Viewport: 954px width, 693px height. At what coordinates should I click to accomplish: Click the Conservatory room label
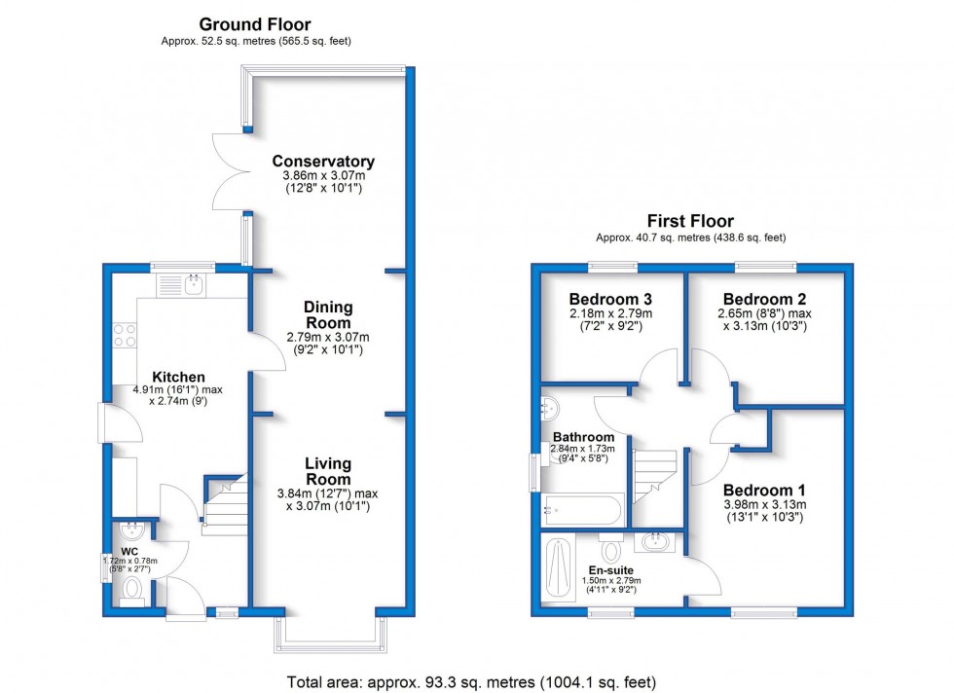323,162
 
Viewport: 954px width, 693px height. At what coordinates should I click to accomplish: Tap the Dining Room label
328,315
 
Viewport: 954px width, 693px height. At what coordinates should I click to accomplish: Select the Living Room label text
328,471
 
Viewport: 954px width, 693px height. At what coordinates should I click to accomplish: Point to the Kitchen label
178,378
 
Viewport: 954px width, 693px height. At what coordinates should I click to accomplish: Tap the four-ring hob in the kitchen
125,335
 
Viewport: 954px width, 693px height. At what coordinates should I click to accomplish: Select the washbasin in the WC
131,531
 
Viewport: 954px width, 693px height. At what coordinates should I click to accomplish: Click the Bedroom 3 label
610,300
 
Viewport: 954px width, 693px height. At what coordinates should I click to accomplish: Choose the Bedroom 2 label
765,300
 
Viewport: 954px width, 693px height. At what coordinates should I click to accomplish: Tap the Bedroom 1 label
764,491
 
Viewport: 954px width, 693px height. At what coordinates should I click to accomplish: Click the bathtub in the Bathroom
582,510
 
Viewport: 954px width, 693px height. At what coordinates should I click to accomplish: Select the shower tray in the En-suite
558,567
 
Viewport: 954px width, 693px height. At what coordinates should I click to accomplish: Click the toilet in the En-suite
611,548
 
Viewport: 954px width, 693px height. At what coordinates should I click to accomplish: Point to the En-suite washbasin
654,541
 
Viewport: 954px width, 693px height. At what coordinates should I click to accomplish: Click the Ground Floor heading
255,24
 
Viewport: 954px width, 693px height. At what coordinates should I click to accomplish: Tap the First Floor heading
690,221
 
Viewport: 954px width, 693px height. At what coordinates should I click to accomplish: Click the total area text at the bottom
471,682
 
